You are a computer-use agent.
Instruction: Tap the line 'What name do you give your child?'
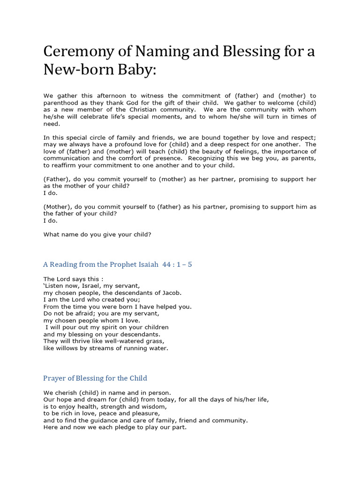[97, 234]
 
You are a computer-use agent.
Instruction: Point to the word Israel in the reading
[86, 285]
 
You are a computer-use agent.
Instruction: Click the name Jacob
[171, 292]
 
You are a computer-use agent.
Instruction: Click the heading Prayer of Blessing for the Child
[95, 378]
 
